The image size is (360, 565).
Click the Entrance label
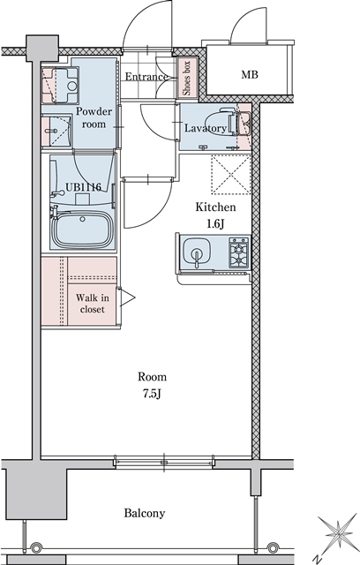[x=146, y=78]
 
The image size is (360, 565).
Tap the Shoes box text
[x=187, y=77]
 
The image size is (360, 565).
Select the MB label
[x=251, y=75]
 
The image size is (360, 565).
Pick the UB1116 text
[x=82, y=188]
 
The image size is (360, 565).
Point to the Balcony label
[x=144, y=513]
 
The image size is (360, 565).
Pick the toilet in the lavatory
[x=224, y=126]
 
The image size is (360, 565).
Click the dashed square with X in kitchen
[x=230, y=174]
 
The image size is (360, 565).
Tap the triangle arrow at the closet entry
[x=127, y=298]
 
